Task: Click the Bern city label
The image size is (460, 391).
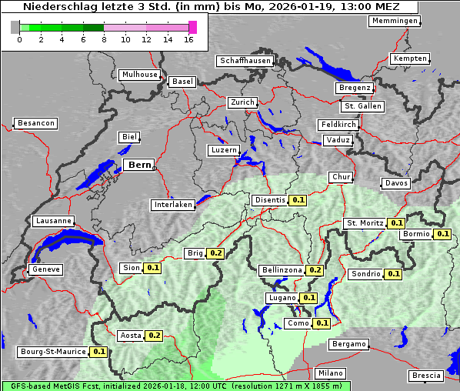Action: pos(139,165)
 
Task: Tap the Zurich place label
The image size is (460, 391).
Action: pos(242,102)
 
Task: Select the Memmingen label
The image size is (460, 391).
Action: pos(394,21)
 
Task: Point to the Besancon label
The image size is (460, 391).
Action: pos(35,123)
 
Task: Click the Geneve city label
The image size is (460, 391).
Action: pos(45,269)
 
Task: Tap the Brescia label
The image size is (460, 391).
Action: pos(426,376)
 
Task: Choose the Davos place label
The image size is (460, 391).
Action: pos(396,183)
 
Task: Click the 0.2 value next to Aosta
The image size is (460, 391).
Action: pos(154,336)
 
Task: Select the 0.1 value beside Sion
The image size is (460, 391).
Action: pos(152,268)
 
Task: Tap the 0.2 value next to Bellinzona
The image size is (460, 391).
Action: pos(315,270)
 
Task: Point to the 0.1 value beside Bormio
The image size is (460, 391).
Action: pos(442,233)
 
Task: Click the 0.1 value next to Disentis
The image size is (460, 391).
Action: pos(298,200)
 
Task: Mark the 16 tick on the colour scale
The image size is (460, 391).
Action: pos(189,40)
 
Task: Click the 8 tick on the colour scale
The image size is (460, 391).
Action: pos(104,40)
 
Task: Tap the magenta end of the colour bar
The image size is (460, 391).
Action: pos(192,27)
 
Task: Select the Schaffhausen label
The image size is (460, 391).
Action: pos(245,60)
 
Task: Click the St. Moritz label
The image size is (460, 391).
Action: pos(365,223)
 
